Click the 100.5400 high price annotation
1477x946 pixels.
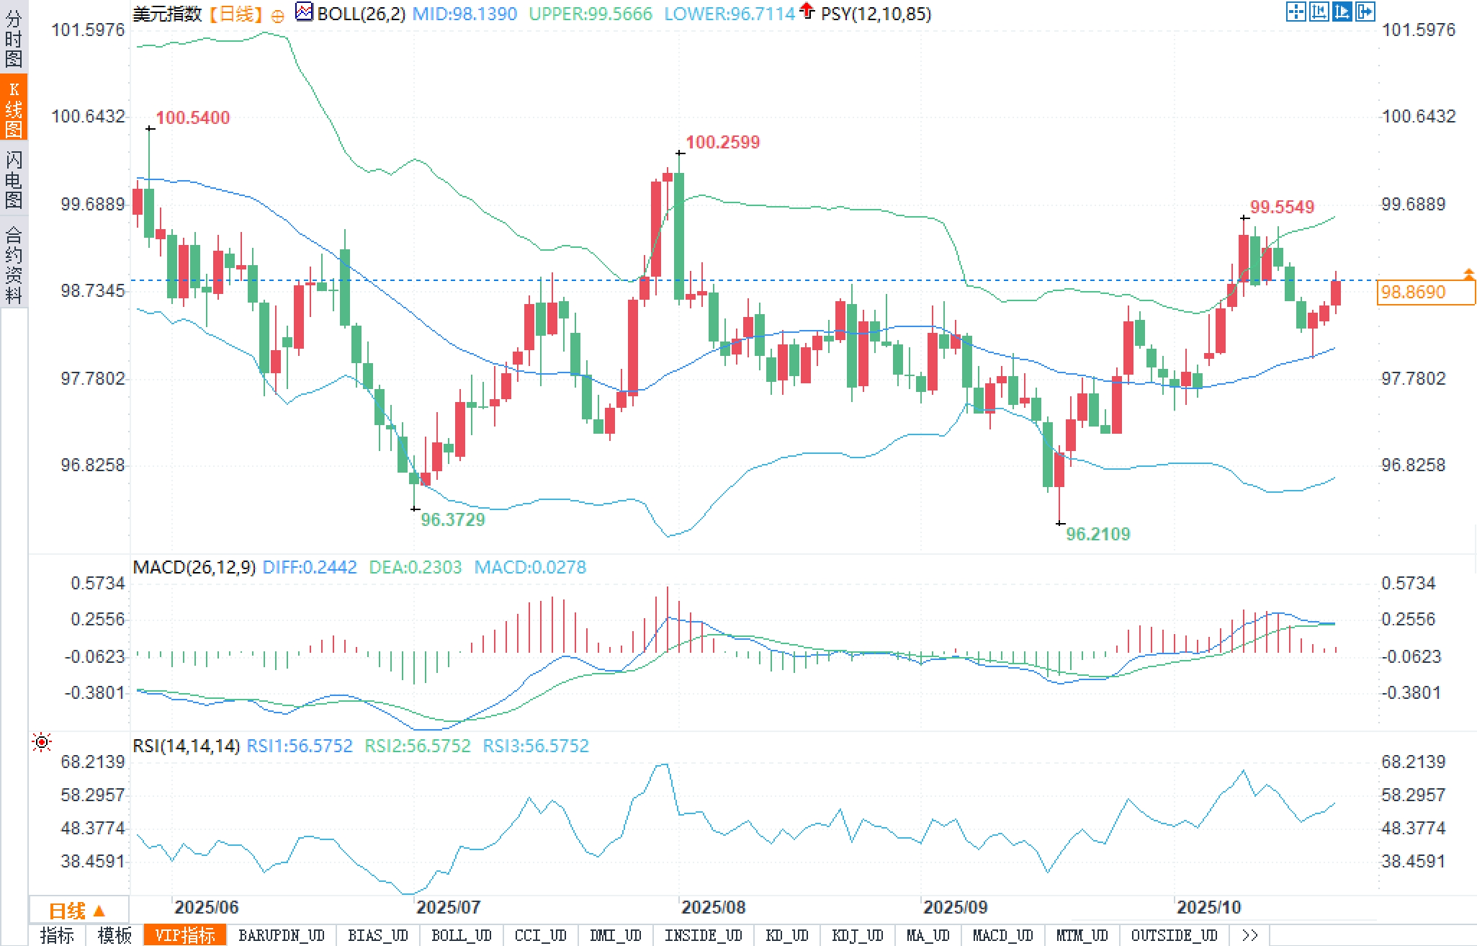(x=192, y=117)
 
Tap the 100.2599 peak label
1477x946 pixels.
(x=722, y=142)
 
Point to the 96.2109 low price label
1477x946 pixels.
(x=1097, y=534)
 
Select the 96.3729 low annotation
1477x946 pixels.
(x=452, y=519)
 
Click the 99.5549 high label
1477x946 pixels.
(x=1282, y=207)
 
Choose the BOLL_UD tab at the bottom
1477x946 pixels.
(x=461, y=935)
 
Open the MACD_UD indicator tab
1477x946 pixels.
(x=1002, y=935)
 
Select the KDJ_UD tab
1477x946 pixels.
(x=857, y=935)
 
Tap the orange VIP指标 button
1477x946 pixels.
(x=185, y=935)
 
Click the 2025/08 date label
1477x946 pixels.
(x=713, y=907)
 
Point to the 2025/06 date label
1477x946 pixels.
(x=206, y=907)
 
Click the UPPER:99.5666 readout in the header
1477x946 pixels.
(x=590, y=14)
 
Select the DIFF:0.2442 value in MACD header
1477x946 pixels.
(x=310, y=567)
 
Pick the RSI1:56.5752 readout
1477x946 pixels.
(x=300, y=746)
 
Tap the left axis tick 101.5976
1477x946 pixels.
(x=88, y=30)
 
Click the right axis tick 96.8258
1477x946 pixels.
(x=1413, y=465)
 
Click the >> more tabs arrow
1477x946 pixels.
(x=1249, y=935)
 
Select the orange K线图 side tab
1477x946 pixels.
(x=14, y=109)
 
